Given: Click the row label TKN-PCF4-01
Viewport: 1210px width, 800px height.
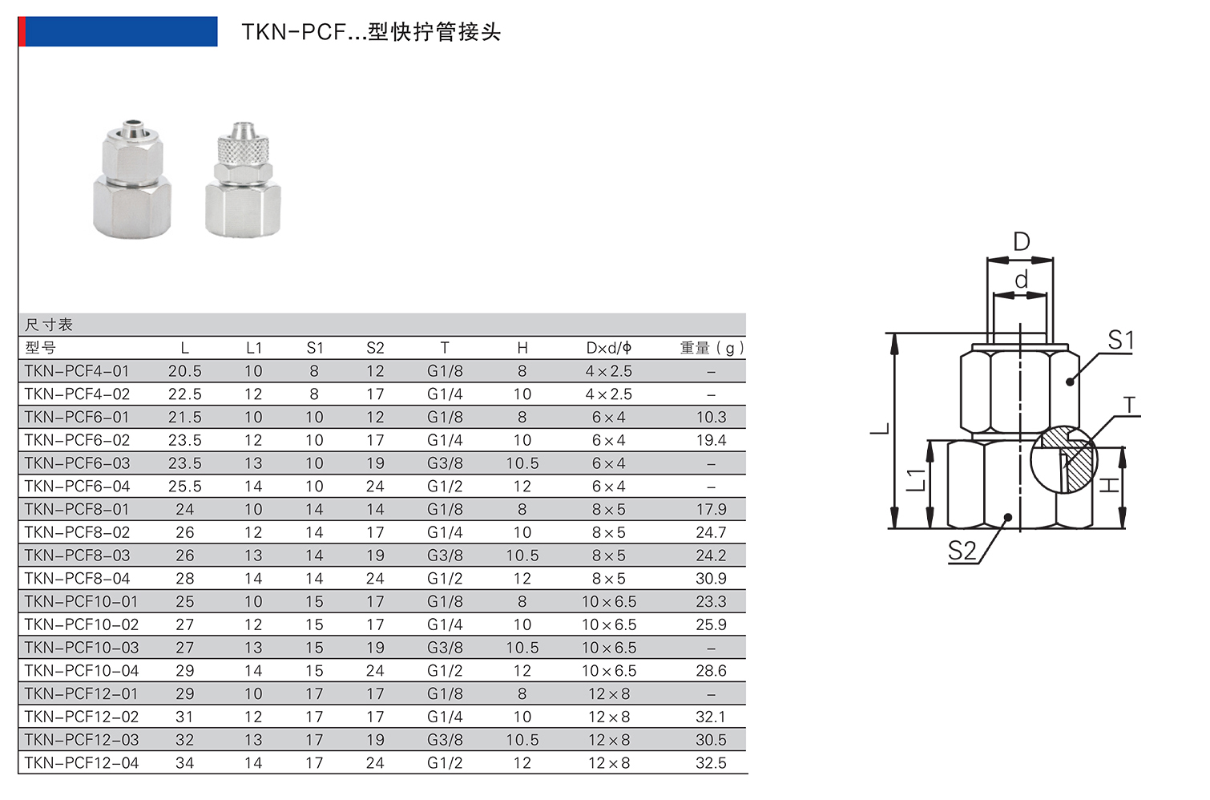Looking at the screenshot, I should click(76, 371).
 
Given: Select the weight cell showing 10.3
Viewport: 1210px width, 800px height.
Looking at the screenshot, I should click(711, 417).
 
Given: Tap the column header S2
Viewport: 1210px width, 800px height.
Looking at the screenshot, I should click(375, 348).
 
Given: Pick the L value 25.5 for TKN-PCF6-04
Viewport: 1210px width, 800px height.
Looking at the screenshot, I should click(185, 487).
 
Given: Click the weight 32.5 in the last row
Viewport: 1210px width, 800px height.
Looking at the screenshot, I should click(711, 763).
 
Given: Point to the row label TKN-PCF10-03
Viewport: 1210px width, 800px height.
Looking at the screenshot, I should click(81, 648).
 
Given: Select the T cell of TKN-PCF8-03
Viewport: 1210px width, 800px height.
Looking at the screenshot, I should click(445, 556).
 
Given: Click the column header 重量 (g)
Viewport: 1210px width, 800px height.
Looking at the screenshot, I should click(711, 348).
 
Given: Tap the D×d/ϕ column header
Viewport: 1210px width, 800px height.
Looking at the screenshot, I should click(608, 348).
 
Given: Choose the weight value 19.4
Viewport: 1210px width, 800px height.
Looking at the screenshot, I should click(711, 440).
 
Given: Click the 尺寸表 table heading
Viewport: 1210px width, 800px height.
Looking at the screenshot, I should click(49, 325).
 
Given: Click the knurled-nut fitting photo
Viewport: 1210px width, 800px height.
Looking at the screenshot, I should click(243, 180).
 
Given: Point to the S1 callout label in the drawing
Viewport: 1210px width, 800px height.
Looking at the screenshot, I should click(1121, 341).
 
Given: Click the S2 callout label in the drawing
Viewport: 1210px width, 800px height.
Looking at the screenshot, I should click(962, 551).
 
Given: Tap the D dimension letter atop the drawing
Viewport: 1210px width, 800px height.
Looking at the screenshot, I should click(1021, 241).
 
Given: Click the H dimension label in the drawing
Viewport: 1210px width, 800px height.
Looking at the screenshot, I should click(1108, 485).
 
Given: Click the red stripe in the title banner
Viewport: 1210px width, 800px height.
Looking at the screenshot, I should click(22, 31).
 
